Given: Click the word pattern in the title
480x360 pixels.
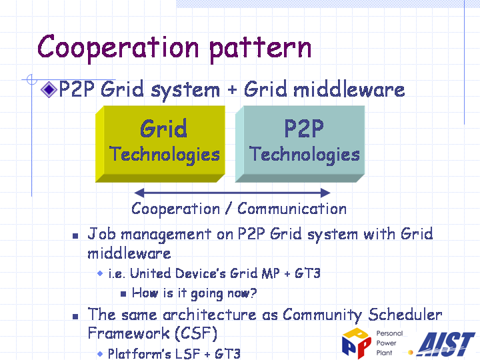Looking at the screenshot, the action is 261,49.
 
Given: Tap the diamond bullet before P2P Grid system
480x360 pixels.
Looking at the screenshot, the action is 49,90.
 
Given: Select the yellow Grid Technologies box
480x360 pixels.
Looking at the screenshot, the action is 161,144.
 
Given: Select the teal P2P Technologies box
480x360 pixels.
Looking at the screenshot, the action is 300,144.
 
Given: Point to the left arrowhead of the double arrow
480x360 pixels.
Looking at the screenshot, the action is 139,193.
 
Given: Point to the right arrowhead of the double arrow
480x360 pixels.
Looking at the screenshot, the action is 325,193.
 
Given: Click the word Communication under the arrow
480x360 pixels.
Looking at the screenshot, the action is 292,209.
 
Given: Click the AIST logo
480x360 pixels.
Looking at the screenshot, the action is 446,344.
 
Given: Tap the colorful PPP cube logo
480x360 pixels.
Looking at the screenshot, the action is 356,343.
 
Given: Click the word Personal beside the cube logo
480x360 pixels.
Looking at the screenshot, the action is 389,333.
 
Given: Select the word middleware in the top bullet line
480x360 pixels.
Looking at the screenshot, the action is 349,90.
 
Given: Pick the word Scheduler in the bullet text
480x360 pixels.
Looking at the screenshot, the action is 405,315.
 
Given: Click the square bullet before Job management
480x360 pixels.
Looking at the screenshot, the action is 75,236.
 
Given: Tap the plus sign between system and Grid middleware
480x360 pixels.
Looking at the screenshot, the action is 232,90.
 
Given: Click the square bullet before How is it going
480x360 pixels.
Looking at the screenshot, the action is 123,294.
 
